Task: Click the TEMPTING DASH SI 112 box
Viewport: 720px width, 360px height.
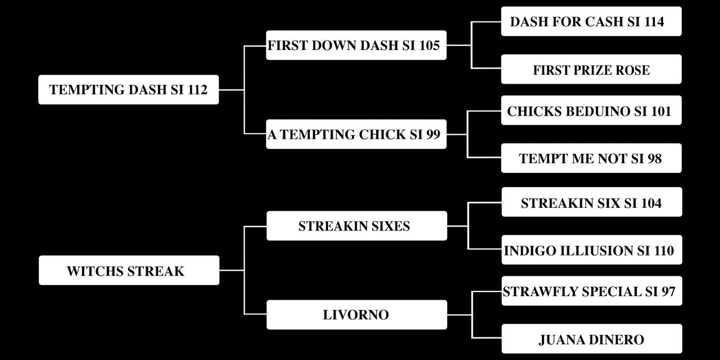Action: click(128, 89)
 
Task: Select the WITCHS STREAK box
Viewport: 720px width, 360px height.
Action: click(129, 271)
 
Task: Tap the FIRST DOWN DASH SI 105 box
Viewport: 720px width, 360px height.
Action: click(356, 45)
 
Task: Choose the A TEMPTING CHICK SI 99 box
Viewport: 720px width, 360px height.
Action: click(356, 134)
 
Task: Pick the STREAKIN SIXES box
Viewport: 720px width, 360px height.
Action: click(357, 226)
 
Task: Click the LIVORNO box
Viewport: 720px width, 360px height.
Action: click(357, 315)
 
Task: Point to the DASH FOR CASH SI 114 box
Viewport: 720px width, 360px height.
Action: click(591, 21)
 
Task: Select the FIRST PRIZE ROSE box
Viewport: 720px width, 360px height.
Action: click(591, 70)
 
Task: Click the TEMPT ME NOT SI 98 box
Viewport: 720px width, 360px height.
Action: click(591, 158)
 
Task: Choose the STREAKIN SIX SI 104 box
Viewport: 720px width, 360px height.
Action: click(592, 203)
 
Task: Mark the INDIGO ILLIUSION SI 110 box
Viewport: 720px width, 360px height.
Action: click(592, 250)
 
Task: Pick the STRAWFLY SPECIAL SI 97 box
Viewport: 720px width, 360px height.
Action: click(592, 291)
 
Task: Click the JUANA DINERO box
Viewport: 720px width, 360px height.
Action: click(592, 339)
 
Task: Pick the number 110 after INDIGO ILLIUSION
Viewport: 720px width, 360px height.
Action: click(663, 250)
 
